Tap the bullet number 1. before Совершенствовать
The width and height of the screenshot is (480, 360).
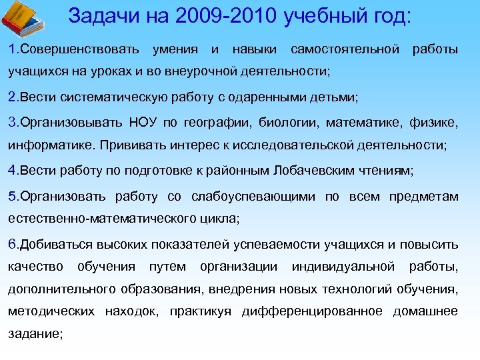pos(13,49)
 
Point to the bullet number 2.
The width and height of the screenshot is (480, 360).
pos(13,97)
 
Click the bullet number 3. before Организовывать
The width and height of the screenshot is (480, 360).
pos(13,123)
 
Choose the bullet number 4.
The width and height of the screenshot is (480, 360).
pos(13,171)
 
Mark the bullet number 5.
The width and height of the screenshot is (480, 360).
pos(13,196)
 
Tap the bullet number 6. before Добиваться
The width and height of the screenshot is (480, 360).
pos(13,244)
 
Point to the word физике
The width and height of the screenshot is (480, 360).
pos(437,123)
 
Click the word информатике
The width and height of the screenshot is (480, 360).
pos(48,145)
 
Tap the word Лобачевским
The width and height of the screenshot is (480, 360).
pos(307,171)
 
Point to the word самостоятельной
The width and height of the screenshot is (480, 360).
pos(345,49)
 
